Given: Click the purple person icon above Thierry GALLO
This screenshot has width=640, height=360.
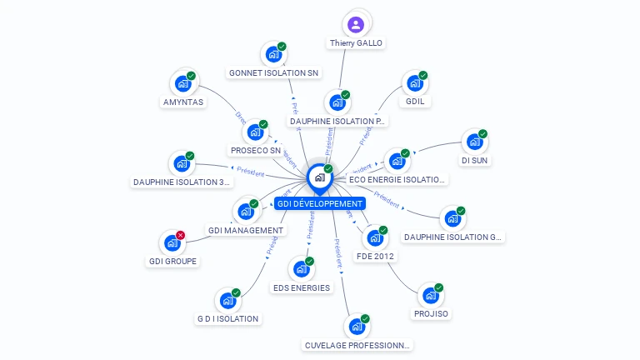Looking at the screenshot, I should pos(357,24).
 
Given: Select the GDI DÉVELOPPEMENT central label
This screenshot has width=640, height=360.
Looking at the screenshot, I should pos(320,204).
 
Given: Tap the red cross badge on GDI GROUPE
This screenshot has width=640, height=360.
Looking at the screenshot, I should pos(180,236).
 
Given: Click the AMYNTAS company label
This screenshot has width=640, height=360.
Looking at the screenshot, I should pos(183,102).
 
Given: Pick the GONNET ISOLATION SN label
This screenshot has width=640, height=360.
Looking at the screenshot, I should pos(274,73).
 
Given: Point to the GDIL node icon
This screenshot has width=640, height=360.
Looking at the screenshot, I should pos(413,84).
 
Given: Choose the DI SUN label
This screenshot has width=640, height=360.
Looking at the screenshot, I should pos(473,161).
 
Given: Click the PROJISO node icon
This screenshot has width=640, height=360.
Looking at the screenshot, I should pos(430,296).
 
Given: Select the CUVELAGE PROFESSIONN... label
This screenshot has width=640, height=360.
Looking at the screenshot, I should pos(357,345).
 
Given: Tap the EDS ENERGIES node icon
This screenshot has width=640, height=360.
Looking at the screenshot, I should pos(301,269).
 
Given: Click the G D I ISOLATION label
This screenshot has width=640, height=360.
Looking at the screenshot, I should pos(227,318).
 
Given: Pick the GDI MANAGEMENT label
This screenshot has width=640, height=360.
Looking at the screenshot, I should pos(246,230).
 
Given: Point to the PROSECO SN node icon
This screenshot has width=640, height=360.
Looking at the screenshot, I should pos(255,132).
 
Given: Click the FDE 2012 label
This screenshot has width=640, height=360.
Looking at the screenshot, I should pos(376,257).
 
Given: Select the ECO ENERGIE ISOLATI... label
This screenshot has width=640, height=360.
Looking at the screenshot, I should pos(397,179).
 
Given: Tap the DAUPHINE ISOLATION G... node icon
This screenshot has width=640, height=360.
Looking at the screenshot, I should pos(452,218).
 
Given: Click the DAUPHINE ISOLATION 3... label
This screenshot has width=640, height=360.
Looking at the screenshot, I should pos(181,182).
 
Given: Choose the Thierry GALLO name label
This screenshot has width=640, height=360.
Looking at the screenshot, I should pos(357,43).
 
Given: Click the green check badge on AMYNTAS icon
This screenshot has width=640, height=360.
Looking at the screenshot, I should pos(191,77).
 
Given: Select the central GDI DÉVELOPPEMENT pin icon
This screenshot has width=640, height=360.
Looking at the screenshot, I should pos(319,177).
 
